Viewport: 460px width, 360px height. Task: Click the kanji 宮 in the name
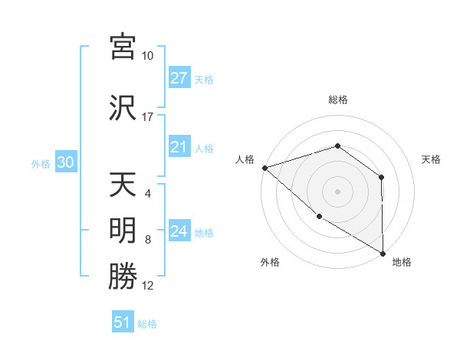[123, 47]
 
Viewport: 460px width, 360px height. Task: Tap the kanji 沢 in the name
[123, 107]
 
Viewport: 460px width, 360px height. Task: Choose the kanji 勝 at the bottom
[123, 277]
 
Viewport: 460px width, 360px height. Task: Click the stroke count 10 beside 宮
[148, 56]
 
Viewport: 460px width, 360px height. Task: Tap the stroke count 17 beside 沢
[148, 117]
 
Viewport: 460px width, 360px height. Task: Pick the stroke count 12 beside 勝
[148, 286]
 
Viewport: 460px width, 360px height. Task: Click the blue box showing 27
[179, 78]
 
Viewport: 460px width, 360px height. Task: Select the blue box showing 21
[179, 148]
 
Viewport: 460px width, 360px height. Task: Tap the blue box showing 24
[179, 232]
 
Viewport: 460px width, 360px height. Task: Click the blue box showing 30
[66, 162]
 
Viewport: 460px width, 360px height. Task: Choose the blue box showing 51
[123, 322]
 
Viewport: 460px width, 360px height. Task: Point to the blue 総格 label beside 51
[147, 324]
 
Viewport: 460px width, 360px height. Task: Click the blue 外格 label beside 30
[41, 163]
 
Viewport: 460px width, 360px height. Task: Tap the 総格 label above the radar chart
[337, 100]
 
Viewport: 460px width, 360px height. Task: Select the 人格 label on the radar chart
[245, 159]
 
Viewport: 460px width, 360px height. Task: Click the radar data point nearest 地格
[383, 253]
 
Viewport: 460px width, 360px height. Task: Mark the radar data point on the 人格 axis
[264, 167]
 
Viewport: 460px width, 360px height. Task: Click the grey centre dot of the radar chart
[337, 191]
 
